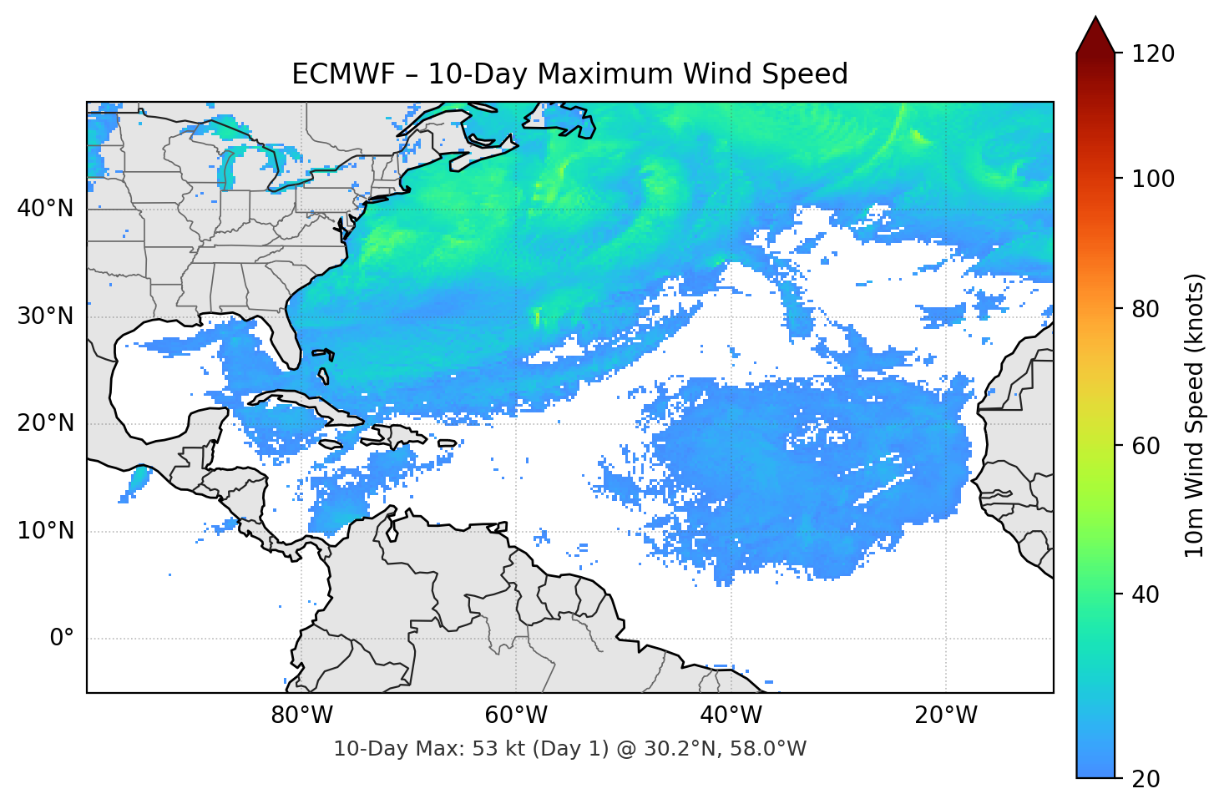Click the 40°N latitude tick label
point(45,208)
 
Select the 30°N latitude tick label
point(45,316)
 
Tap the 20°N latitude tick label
point(45,423)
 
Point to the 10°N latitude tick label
point(45,531)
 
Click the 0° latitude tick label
point(62,639)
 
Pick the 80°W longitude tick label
point(301,715)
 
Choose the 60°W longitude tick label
point(516,715)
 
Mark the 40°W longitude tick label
point(731,715)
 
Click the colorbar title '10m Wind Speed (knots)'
point(1195,416)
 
